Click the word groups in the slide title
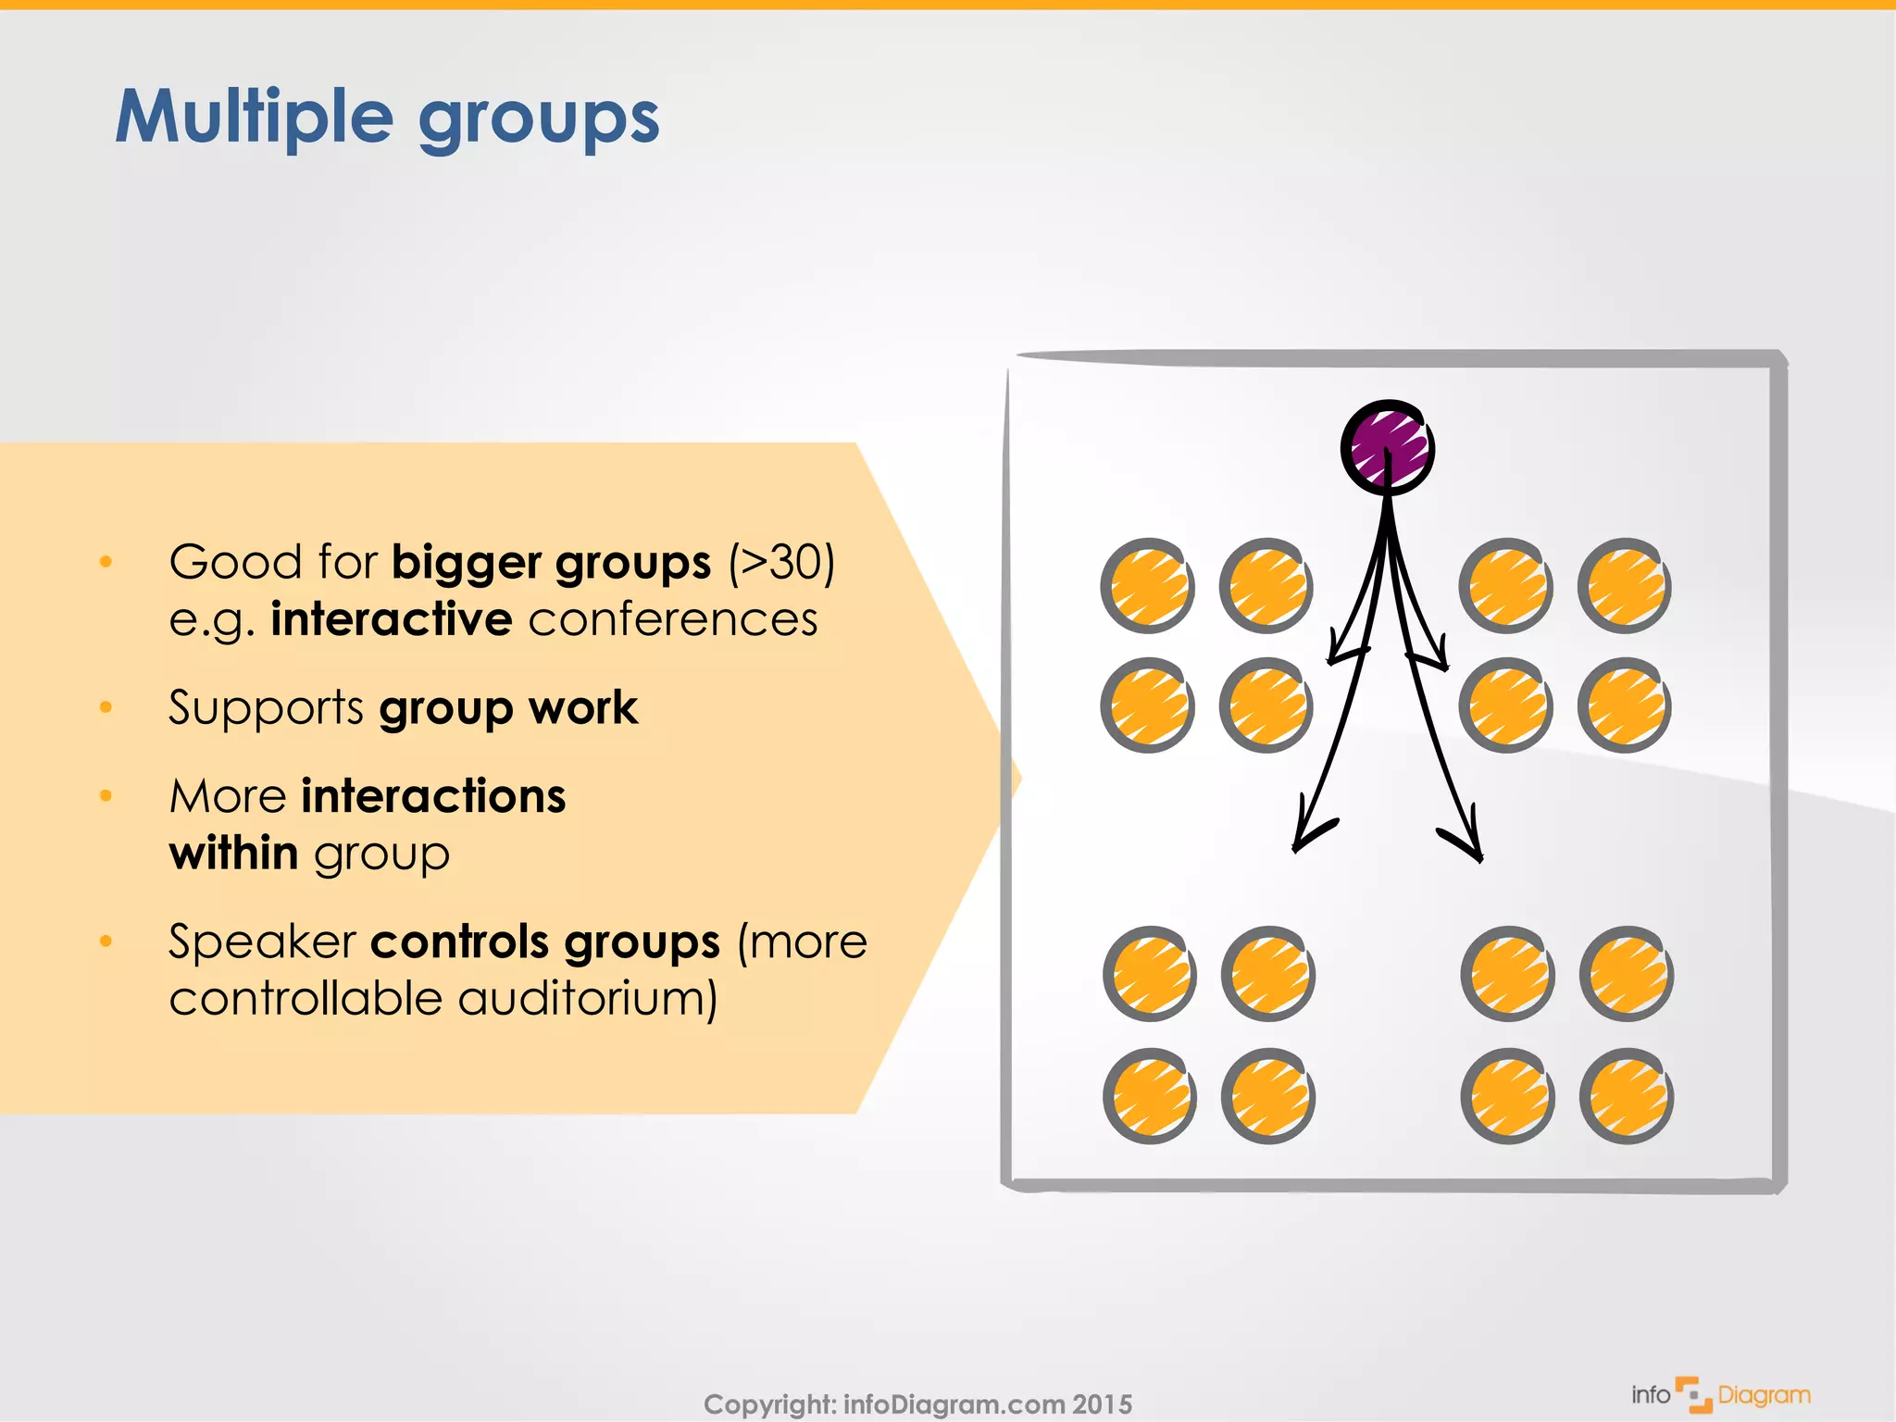[539, 120]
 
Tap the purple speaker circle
[1387, 448]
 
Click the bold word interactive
[391, 618]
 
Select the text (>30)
[782, 562]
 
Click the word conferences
[673, 618]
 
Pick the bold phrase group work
[508, 708]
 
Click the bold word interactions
[433, 796]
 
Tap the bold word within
[233, 853]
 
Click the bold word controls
[459, 942]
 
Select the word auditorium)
[588, 999]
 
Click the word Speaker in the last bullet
[262, 942]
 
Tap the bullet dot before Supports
[106, 708]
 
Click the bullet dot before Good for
[106, 562]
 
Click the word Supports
[266, 708]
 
